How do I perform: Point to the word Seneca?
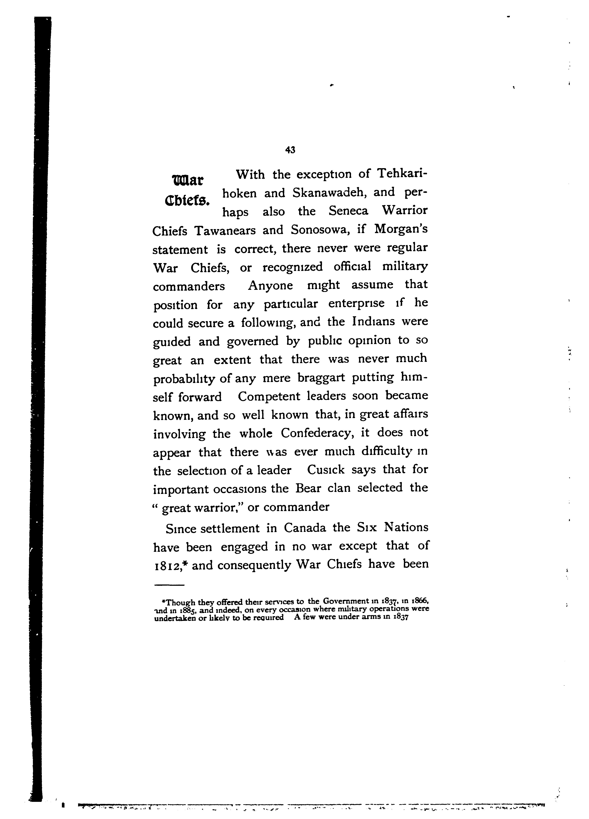(x=348, y=211)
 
